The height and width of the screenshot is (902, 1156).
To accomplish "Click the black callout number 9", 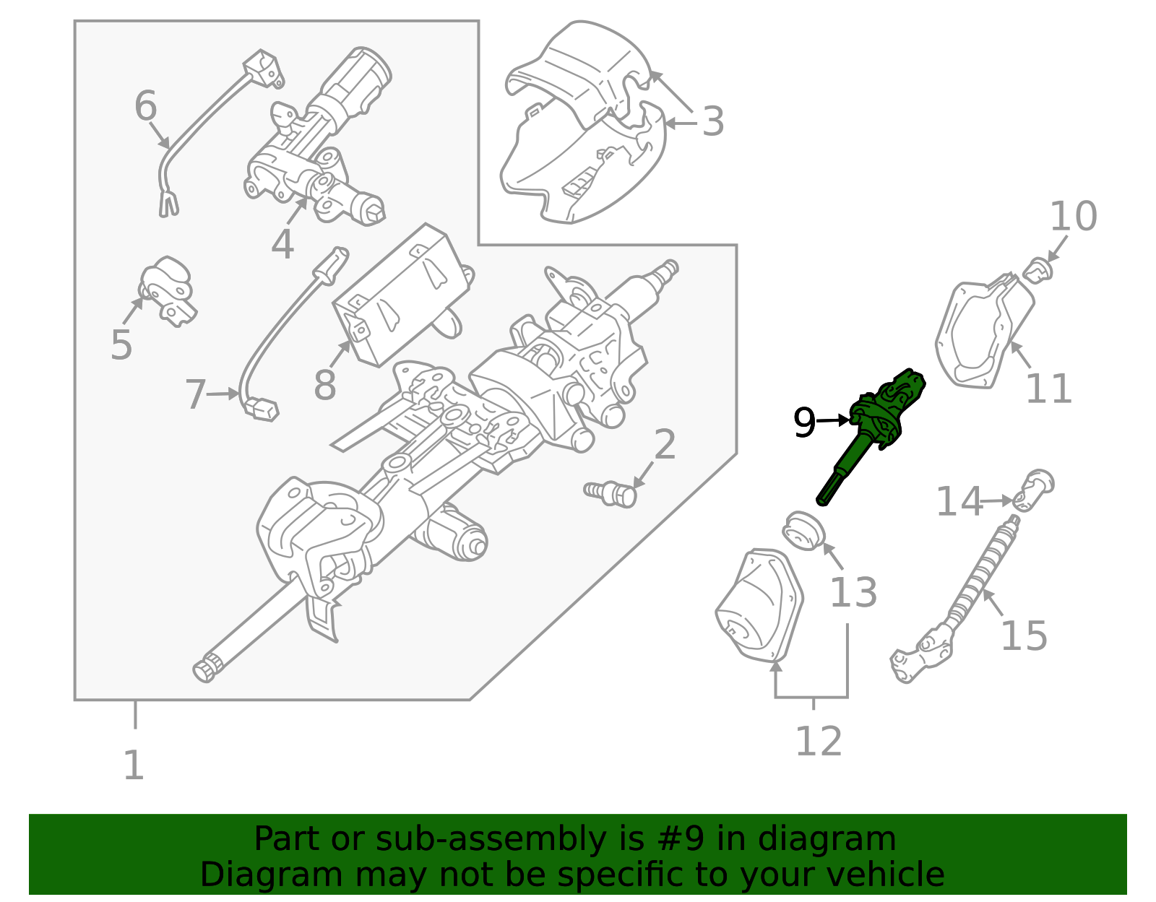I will pos(803,423).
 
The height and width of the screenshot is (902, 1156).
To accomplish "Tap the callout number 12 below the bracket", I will pos(819,742).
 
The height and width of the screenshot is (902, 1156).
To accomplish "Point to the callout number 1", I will pos(134,766).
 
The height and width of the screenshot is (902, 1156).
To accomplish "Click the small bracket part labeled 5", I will pos(168,289).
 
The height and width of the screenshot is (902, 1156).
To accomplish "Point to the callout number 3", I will pos(712,122).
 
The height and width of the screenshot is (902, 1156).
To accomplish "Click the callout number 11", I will pos(1048,390).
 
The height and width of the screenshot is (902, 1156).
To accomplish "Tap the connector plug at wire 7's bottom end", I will pos(262,409).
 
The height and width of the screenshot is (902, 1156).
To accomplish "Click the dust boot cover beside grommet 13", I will pos(759,607).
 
